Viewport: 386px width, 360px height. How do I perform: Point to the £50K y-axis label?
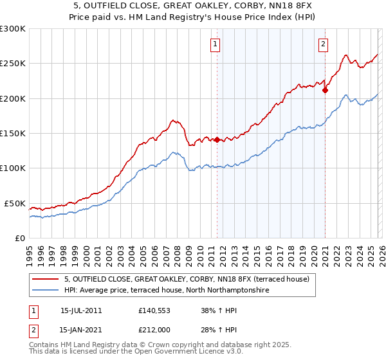tap(14, 203)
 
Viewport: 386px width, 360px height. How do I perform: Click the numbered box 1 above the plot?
tap(214, 44)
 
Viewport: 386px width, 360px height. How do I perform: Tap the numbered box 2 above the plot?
tap(323, 44)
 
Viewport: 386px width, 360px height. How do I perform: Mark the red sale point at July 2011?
tap(217, 139)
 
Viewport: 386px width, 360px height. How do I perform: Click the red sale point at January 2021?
tap(325, 91)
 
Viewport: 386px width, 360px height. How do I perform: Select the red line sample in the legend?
tap(46, 280)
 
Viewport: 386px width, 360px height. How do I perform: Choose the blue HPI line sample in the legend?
tap(46, 291)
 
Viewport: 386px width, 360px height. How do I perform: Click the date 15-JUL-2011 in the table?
tap(80, 310)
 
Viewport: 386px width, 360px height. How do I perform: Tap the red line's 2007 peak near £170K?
tap(172, 120)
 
